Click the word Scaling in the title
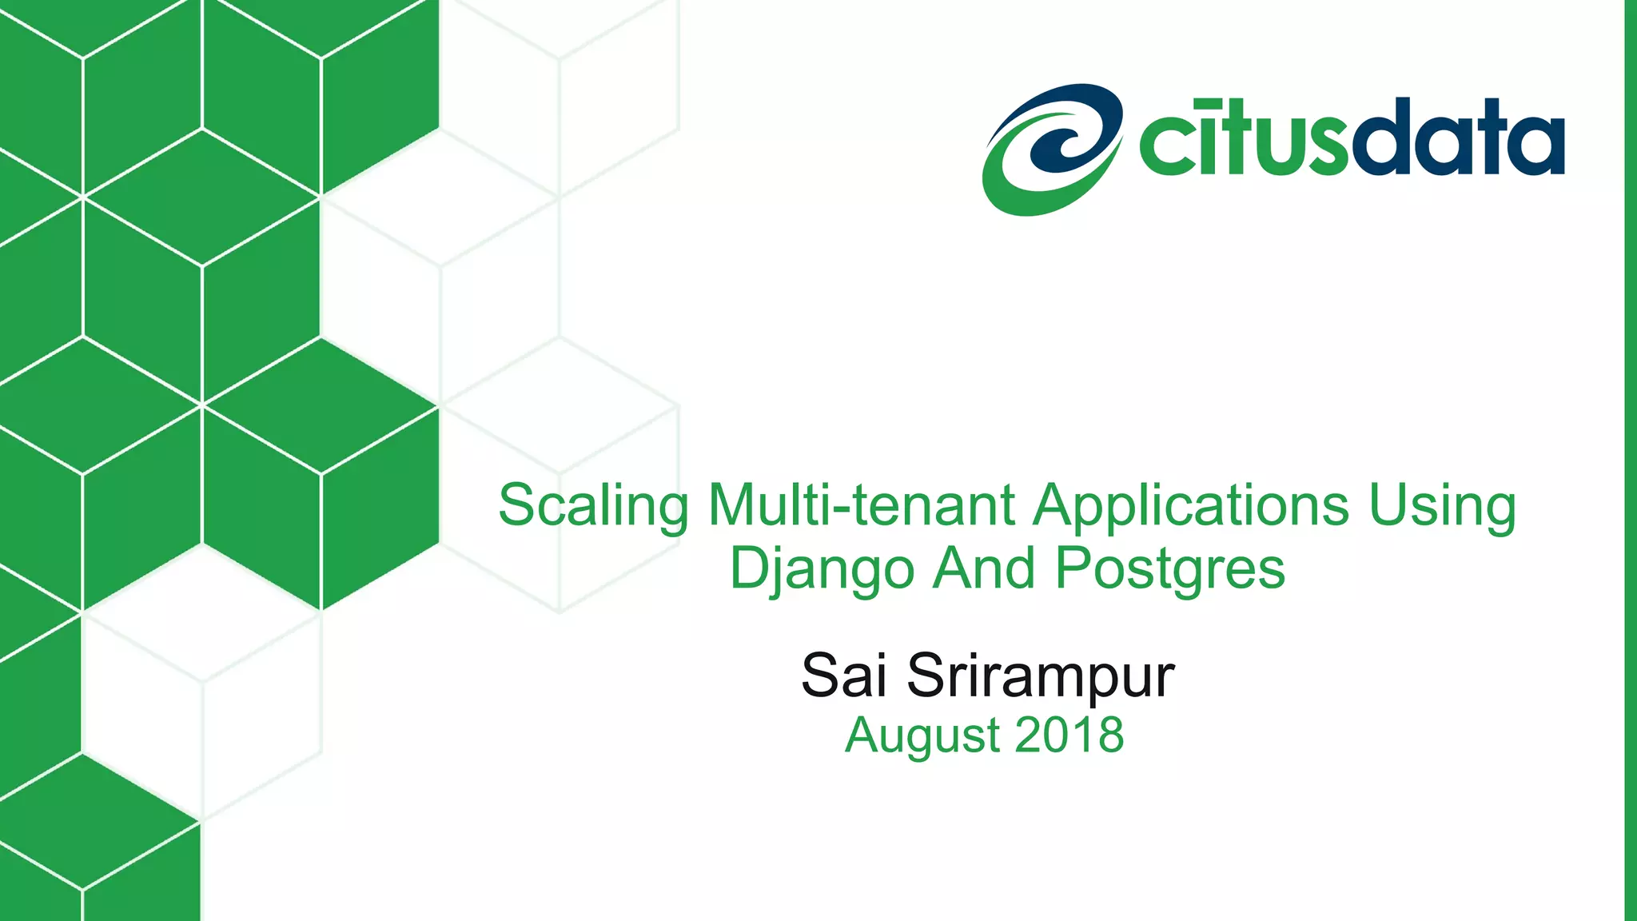pos(592,506)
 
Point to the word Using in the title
pos(1442,506)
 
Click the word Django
pos(822,570)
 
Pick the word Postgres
pos(1170,570)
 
